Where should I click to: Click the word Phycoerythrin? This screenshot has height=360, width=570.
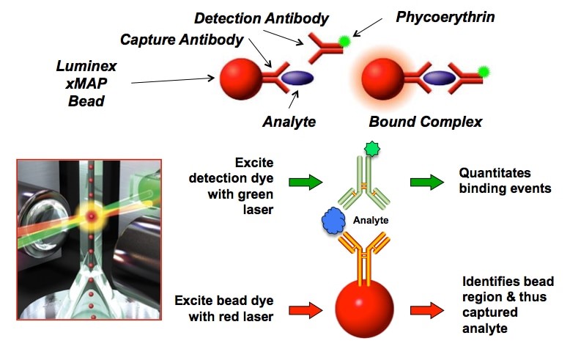click(x=445, y=17)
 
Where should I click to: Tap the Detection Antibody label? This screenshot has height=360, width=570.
click(x=262, y=18)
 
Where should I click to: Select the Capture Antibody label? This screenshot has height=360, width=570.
click(x=182, y=40)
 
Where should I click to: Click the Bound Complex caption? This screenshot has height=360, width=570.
click(x=426, y=122)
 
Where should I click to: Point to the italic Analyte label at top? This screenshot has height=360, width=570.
click(x=289, y=122)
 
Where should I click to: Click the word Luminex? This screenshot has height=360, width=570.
click(x=86, y=66)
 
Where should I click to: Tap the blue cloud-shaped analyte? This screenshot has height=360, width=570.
click(x=333, y=221)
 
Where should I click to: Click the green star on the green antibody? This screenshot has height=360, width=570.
click(x=372, y=148)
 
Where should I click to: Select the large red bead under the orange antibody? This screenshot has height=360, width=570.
click(x=364, y=309)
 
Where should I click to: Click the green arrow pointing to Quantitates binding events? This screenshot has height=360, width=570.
click(x=427, y=182)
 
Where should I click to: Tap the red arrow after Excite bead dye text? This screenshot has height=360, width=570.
click(x=306, y=310)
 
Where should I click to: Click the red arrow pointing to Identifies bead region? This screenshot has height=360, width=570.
click(x=427, y=310)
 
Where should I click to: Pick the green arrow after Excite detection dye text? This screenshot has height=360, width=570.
click(x=306, y=182)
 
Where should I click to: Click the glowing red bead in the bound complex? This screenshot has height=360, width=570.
click(x=382, y=78)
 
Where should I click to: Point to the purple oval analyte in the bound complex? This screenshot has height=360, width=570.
click(x=439, y=78)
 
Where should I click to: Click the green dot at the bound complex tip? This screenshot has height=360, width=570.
click(x=484, y=72)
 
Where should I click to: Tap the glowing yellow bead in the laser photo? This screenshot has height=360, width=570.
click(x=91, y=217)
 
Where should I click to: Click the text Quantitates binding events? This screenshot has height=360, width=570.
click(x=505, y=180)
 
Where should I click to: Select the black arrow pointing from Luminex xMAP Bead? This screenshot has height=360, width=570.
click(x=173, y=81)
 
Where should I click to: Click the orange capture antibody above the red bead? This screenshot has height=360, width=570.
click(x=364, y=258)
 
